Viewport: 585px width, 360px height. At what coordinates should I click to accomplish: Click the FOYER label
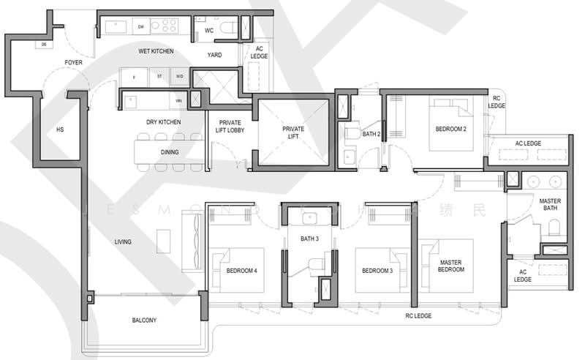[72, 63]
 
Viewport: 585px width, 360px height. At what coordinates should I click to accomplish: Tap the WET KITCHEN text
[156, 51]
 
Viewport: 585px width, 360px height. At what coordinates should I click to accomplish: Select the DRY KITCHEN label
[162, 121]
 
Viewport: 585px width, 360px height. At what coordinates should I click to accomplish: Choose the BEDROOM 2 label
[451, 129]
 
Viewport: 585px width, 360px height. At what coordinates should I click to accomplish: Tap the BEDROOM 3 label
[377, 271]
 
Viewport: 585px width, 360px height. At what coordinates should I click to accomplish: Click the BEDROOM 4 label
[241, 271]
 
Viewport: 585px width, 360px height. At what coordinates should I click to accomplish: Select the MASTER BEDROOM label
[451, 266]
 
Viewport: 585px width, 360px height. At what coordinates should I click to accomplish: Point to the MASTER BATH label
[550, 205]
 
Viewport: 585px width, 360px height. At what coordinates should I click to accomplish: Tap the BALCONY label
[144, 320]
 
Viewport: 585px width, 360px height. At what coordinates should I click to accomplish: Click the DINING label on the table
[169, 152]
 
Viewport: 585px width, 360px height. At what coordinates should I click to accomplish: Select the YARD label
[214, 55]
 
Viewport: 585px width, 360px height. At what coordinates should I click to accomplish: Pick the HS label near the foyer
[60, 130]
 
